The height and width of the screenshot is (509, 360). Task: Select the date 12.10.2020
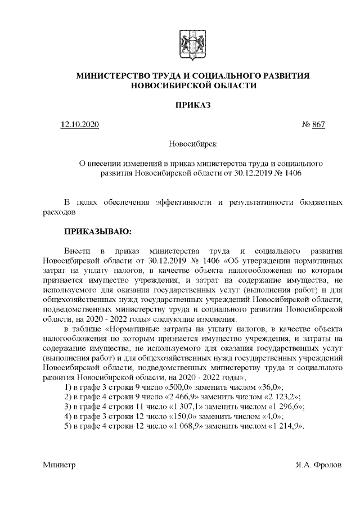[x=80, y=124]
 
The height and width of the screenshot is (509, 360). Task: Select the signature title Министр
[x=58, y=465]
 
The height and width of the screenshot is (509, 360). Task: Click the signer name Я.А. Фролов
[x=319, y=465]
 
